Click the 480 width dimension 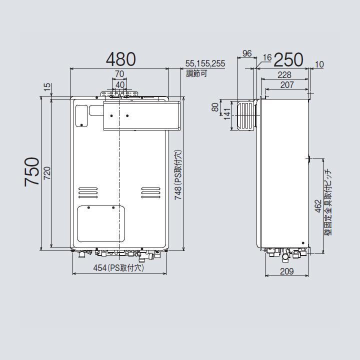120,59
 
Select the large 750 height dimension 31,171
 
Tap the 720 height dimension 46,172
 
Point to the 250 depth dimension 288,59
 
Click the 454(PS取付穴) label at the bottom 118,268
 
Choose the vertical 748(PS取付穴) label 178,174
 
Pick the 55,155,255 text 205,63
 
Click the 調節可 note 196,73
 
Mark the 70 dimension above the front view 119,74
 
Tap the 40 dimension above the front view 120,84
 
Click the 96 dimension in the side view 246,53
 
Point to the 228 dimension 284,74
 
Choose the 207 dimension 286,85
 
